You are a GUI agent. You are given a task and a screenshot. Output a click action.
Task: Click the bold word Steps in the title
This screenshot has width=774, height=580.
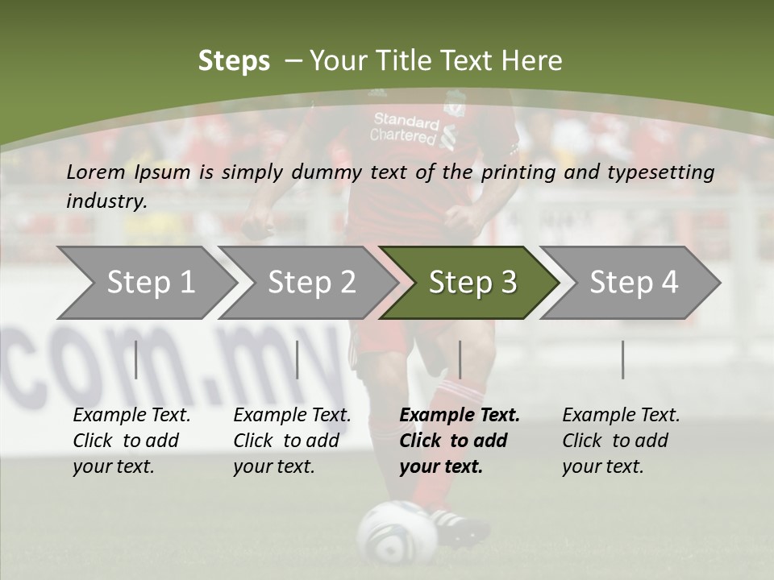point(234,61)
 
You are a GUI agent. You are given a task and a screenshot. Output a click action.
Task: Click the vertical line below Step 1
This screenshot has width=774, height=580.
point(136,359)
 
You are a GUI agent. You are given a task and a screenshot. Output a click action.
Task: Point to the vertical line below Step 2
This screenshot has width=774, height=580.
point(298,359)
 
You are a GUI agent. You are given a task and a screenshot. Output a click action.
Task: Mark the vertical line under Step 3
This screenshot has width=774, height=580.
point(460,359)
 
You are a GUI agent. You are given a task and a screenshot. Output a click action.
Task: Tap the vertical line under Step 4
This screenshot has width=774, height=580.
point(622,359)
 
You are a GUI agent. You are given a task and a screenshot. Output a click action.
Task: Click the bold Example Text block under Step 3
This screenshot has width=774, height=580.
point(460,441)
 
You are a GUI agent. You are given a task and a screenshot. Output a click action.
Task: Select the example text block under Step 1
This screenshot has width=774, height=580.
point(131,441)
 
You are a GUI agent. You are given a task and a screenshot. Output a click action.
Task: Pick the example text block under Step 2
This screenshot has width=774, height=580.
point(292,441)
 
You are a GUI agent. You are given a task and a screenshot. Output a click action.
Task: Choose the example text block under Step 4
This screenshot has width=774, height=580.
point(621,441)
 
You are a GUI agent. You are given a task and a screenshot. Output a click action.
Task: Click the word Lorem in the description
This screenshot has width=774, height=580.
point(95,172)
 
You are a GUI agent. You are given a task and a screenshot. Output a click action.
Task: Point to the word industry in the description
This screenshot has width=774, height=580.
point(106,201)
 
